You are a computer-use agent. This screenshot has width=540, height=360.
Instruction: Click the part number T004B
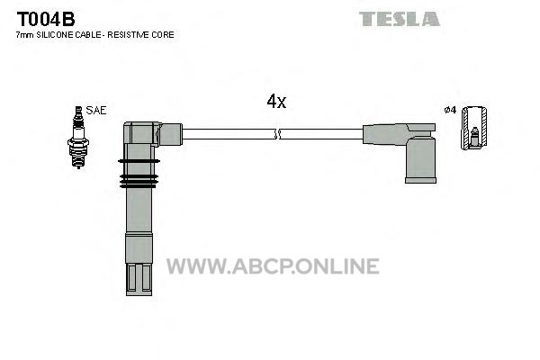[46, 19]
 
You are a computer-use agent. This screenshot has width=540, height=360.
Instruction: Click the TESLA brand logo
[400, 19]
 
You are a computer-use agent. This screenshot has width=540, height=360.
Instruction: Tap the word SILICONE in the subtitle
[54, 35]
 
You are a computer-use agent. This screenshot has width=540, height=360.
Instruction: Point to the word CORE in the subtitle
[163, 35]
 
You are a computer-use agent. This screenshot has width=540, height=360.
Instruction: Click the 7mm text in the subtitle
[25, 35]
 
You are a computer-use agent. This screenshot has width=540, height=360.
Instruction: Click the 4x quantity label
[276, 102]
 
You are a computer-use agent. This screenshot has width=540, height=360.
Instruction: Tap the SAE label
[96, 110]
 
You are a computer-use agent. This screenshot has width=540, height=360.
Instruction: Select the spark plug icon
[78, 137]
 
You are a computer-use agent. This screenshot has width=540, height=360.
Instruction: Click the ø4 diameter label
[450, 110]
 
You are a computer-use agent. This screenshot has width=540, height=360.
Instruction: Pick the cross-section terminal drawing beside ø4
[474, 128]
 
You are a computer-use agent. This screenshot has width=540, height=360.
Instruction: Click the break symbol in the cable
[277, 134]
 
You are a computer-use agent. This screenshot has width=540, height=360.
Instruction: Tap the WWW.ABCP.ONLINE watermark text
[273, 266]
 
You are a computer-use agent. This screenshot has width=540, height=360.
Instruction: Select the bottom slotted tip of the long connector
[139, 279]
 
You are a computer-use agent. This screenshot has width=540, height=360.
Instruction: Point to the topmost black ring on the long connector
[139, 161]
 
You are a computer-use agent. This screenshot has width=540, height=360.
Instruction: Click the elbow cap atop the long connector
[142, 133]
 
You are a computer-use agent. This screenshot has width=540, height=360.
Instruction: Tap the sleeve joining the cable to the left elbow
[171, 134]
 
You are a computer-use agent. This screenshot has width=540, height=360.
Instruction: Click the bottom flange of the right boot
[421, 180]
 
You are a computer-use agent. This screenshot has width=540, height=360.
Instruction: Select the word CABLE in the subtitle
[88, 35]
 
